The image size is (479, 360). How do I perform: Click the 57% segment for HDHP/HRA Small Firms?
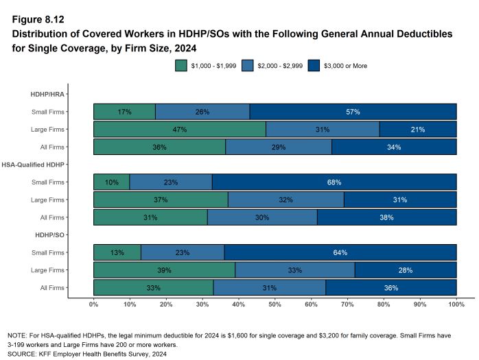[x=353, y=112]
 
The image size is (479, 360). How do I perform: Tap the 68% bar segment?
[x=334, y=182]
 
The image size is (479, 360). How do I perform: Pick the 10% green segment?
[x=111, y=182]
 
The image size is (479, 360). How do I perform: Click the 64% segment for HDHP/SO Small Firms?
[x=340, y=252]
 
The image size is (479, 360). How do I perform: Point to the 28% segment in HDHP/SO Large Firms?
[x=405, y=270]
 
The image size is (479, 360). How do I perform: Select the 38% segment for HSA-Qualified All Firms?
[x=386, y=217]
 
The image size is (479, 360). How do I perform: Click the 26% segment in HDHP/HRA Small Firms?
[x=202, y=112]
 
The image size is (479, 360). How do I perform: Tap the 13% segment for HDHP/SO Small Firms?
[x=117, y=252]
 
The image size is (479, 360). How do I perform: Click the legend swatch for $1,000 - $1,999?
[x=181, y=65]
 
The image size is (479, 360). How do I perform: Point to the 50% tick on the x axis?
[x=274, y=304]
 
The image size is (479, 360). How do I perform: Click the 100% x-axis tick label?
[x=456, y=304]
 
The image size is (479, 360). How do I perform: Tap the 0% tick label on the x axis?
[x=94, y=304]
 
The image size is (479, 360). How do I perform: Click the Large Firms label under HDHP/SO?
[x=47, y=270]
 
